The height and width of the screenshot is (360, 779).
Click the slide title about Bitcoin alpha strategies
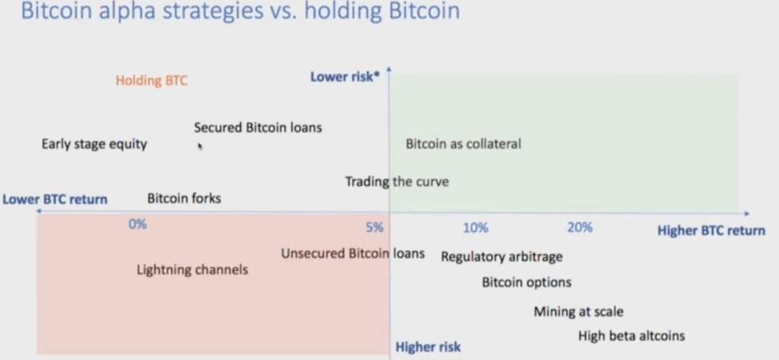pyautogui.click(x=240, y=11)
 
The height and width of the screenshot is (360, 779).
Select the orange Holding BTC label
pyautogui.click(x=152, y=81)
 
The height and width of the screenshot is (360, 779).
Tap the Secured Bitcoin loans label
pyautogui.click(x=258, y=128)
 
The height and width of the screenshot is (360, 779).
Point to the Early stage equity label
pyautogui.click(x=94, y=145)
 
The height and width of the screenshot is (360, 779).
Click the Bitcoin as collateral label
pyautogui.click(x=463, y=144)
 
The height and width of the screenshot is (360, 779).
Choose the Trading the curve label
pyautogui.click(x=397, y=181)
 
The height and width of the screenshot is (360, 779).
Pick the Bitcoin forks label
pyautogui.click(x=184, y=199)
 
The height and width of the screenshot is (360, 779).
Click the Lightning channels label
pyautogui.click(x=192, y=270)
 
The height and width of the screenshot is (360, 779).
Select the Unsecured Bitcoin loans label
pyautogui.click(x=353, y=253)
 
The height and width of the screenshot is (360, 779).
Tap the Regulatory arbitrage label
pyautogui.click(x=502, y=257)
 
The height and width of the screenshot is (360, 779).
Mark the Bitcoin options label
pyautogui.click(x=526, y=282)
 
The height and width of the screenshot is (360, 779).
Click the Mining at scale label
pyautogui.click(x=578, y=312)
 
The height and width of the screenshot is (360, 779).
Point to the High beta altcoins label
pyautogui.click(x=631, y=336)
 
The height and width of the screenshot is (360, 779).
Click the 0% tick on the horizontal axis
pyautogui.click(x=138, y=225)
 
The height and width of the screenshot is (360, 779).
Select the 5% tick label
pyautogui.click(x=374, y=228)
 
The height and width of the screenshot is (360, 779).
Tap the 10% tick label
pyautogui.click(x=475, y=228)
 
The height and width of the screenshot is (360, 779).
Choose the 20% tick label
pyautogui.click(x=580, y=228)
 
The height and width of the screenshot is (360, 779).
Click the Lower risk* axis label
pyautogui.click(x=342, y=77)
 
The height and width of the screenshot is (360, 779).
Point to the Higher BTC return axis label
pyautogui.click(x=711, y=231)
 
